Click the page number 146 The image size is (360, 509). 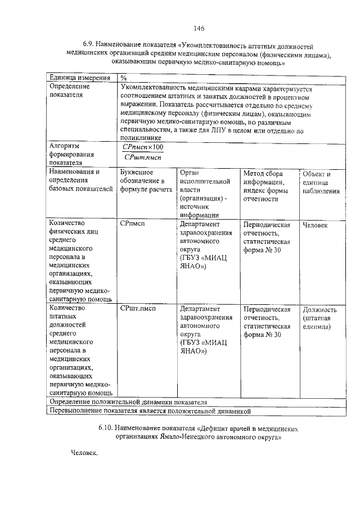(x=199, y=29)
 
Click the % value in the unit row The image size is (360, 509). (x=124, y=78)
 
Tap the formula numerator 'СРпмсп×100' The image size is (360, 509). (x=143, y=147)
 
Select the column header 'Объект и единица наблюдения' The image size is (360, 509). (x=321, y=182)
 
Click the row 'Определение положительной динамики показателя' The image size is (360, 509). (x=129, y=403)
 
